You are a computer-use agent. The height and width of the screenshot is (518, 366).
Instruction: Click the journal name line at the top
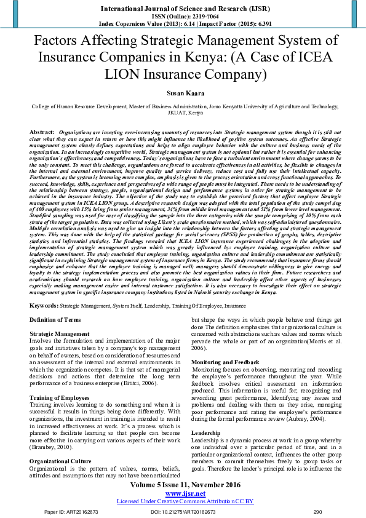point(183,9)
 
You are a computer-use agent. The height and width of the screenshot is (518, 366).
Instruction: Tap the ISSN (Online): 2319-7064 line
point(183,17)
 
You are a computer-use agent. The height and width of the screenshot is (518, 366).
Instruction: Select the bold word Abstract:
point(42,132)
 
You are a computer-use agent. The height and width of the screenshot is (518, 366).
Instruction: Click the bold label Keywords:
point(44,305)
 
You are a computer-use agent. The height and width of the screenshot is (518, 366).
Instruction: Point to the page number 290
point(317,511)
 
